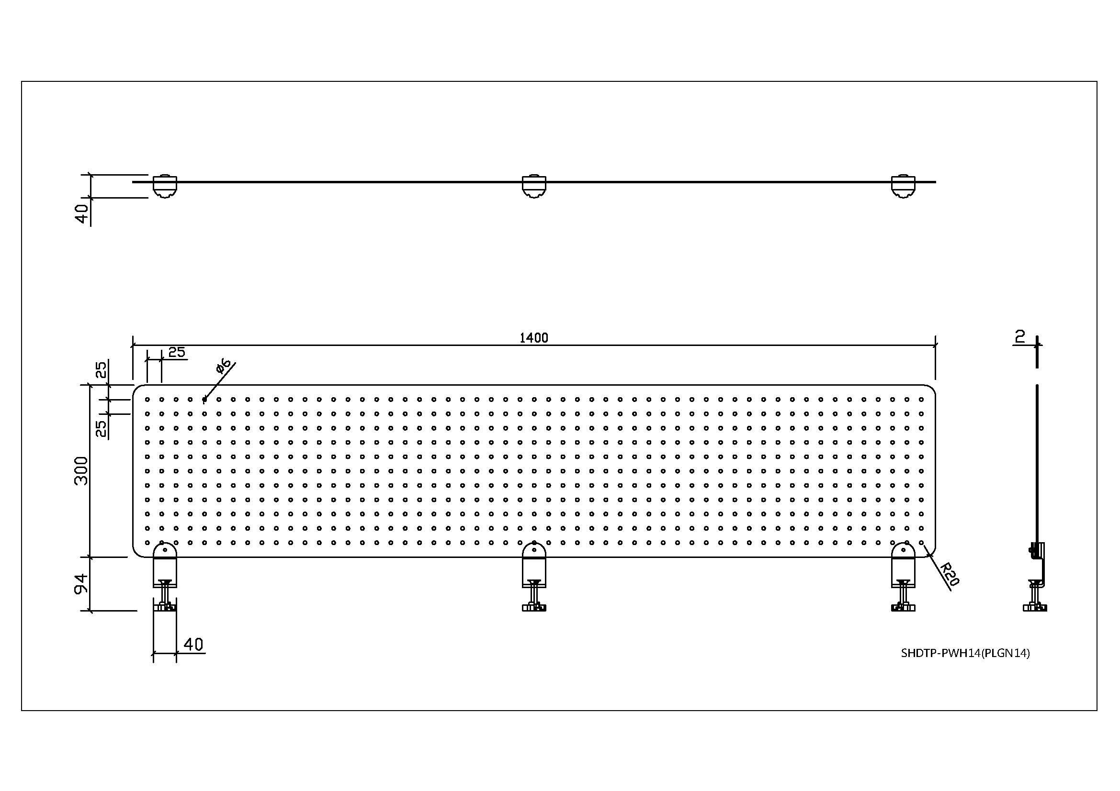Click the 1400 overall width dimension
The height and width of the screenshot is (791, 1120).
pyautogui.click(x=533, y=338)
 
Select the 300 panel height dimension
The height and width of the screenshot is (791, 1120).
pyautogui.click(x=81, y=471)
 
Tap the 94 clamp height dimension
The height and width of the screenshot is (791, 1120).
pyautogui.click(x=81, y=583)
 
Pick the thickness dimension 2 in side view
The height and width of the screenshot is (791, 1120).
pyautogui.click(x=1019, y=336)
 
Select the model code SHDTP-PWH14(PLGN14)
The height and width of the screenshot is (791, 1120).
pyautogui.click(x=965, y=653)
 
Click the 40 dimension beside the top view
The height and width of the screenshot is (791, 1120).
pyautogui.click(x=82, y=213)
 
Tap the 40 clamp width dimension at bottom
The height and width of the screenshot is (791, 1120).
pyautogui.click(x=193, y=644)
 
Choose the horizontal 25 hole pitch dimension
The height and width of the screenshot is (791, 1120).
pyautogui.click(x=177, y=352)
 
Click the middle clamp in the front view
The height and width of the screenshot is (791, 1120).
pyautogui.click(x=534, y=578)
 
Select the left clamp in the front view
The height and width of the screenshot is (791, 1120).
pyautogui.click(x=165, y=578)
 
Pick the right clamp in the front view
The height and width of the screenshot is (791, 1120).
pyautogui.click(x=903, y=578)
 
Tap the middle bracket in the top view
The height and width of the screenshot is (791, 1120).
pyautogui.click(x=534, y=186)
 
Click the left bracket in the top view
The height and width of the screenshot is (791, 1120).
pyautogui.click(x=165, y=186)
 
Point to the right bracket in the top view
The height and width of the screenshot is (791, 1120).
pyautogui.click(x=903, y=186)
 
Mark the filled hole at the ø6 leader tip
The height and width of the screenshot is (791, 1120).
pyautogui.click(x=204, y=400)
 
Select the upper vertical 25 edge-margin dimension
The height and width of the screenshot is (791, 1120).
pyautogui.click(x=101, y=370)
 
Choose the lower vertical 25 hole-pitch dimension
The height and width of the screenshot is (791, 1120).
pyautogui.click(x=101, y=428)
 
